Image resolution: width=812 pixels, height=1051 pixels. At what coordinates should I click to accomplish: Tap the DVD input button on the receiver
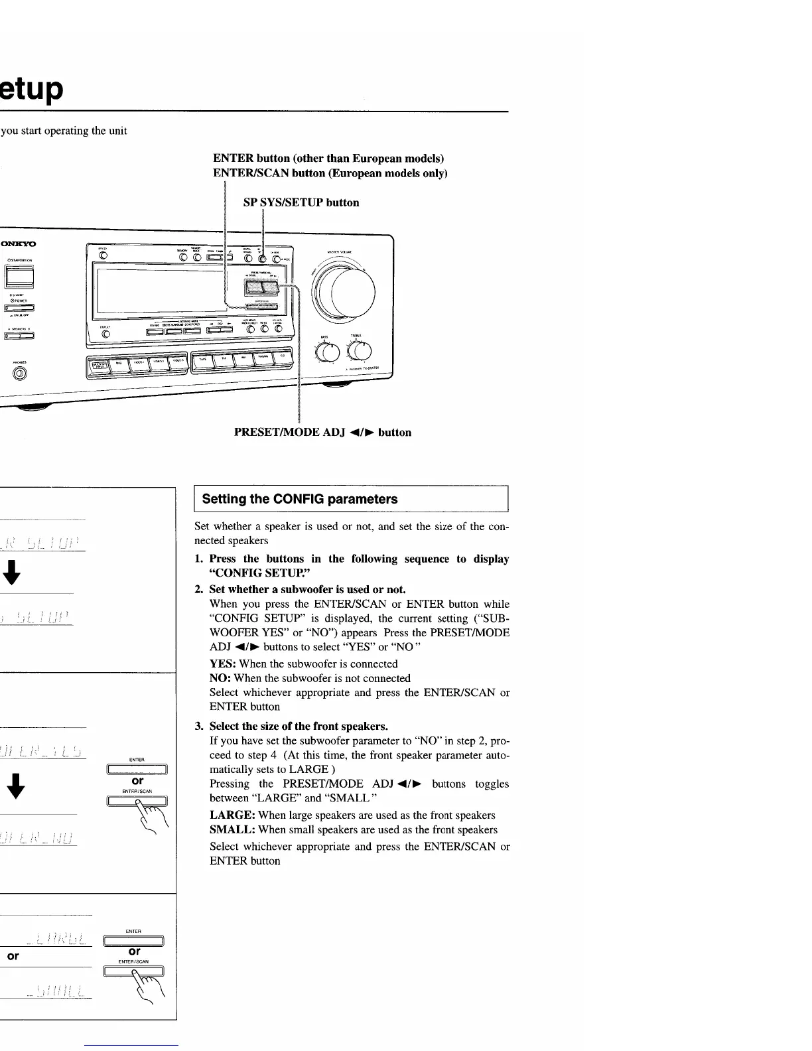point(119,363)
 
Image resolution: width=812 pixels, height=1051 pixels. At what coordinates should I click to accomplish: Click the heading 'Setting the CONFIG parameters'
point(300,499)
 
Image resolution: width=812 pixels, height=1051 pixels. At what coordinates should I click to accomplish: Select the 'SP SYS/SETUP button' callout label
point(301,202)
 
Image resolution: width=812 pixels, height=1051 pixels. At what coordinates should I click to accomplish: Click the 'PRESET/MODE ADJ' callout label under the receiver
point(322,433)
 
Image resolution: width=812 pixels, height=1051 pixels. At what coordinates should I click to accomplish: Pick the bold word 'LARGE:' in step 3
point(232,815)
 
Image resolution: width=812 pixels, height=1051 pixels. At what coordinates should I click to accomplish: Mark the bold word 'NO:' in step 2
point(220,678)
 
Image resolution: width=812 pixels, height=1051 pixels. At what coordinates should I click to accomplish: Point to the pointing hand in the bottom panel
point(149,987)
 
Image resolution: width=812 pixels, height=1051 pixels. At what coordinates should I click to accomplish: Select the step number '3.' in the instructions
point(200,726)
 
